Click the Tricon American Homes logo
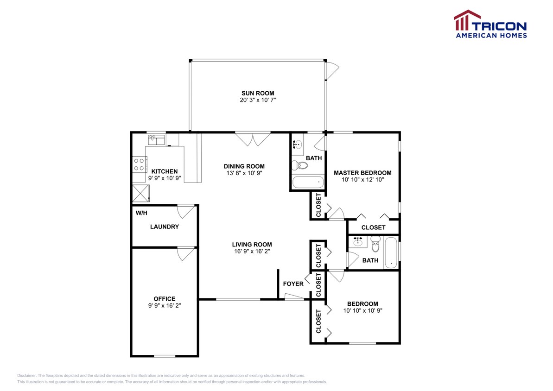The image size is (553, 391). tap(490, 24)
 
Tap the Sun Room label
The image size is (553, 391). tap(258, 94)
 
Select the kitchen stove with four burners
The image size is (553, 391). tap(140, 164)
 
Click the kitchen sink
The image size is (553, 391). tap(156, 140)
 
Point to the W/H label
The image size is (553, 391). tap(141, 213)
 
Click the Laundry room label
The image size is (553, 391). tap(165, 227)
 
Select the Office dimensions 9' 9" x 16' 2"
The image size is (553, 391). tap(165, 306)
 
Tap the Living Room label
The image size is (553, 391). tap(252, 244)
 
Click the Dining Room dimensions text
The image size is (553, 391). tap(244, 173)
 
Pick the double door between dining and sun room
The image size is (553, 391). tap(253, 139)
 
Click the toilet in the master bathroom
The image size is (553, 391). tap(299, 165)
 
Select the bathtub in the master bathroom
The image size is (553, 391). tap(308, 182)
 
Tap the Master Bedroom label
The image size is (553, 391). tap(362, 173)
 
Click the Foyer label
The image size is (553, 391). tap(293, 284)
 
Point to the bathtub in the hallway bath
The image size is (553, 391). tap(391, 253)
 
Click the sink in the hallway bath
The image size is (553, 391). tap(358, 241)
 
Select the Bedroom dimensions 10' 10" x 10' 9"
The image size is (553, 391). tap(362, 310)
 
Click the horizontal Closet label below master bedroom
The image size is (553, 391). tap(374, 227)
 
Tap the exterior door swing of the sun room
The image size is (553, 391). tap(332, 71)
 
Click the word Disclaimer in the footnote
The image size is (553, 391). tap(26, 376)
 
